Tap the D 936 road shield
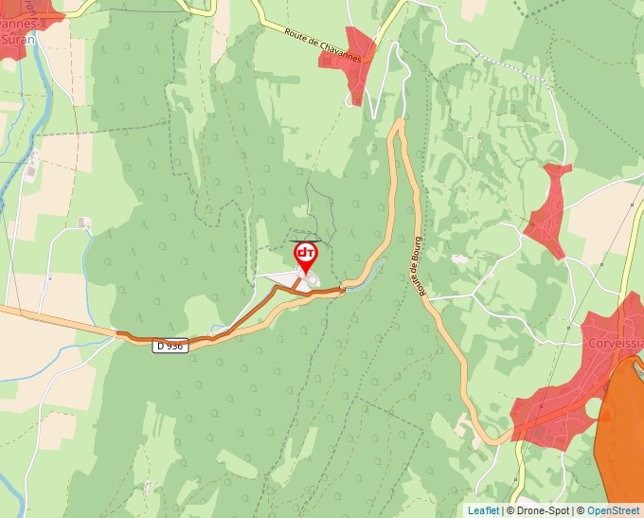tap(170, 347)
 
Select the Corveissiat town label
tap(614, 343)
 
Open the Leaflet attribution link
tap(483, 510)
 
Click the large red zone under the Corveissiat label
tap(568, 398)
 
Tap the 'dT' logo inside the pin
tap(306, 253)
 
